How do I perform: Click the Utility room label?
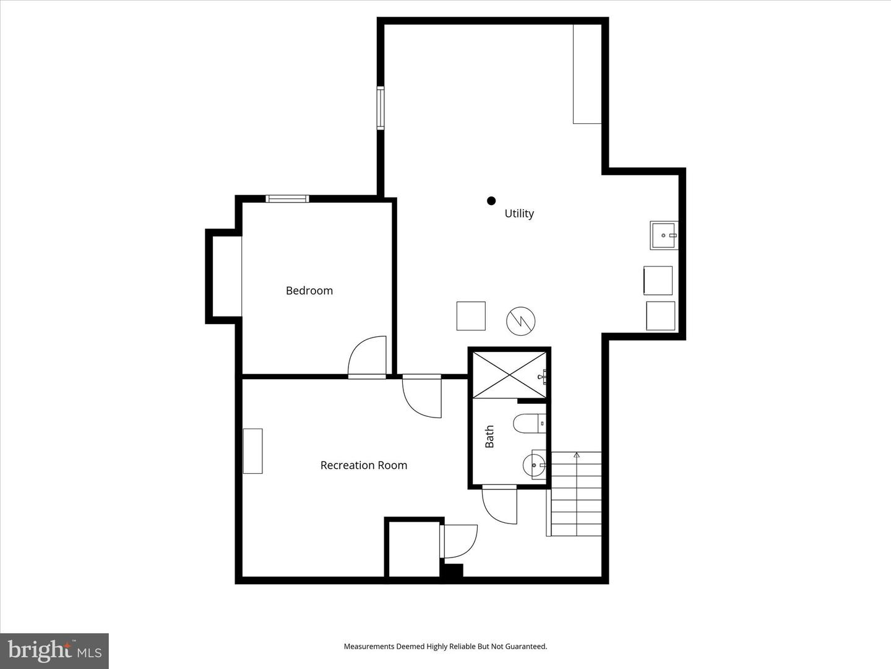tap(519, 213)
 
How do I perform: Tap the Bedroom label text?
tap(309, 291)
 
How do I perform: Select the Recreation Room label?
tap(363, 465)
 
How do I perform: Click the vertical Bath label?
tap(489, 437)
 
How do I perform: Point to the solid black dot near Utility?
tap(491, 201)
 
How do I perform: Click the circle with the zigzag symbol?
tap(520, 320)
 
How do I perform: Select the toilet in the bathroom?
tap(528, 424)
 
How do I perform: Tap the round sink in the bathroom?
tap(534, 464)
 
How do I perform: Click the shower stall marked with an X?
tap(509, 375)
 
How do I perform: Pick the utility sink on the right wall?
tap(663, 235)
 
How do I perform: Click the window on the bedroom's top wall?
tap(287, 199)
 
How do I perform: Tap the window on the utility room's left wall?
tap(381, 108)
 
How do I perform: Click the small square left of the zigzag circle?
tap(471, 316)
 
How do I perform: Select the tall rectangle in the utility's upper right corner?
tap(587, 74)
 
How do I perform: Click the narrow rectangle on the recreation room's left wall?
tap(252, 451)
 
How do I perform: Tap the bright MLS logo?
tap(54, 651)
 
